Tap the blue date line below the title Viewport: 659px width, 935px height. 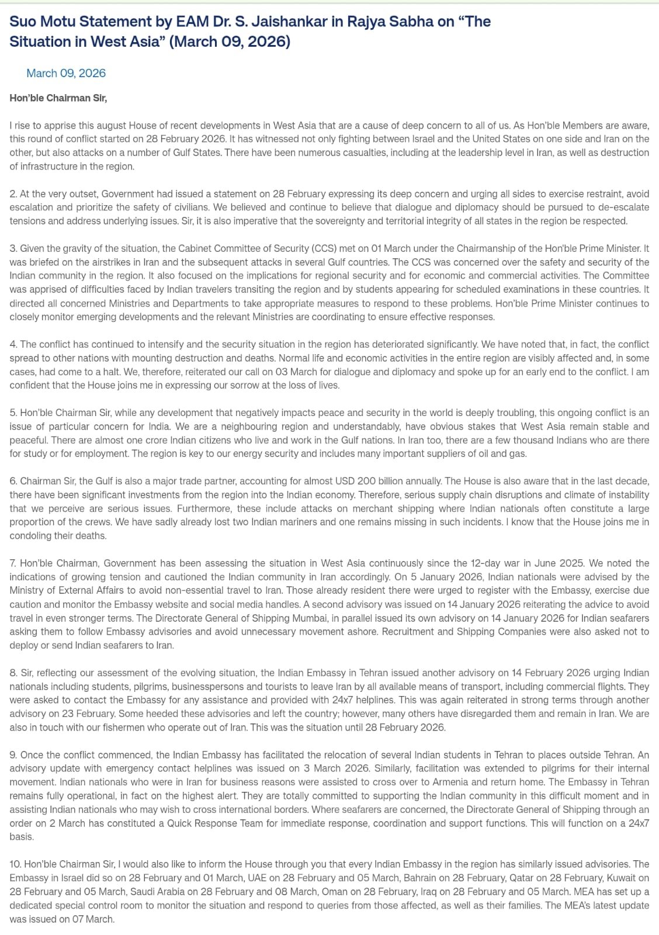coord(66,73)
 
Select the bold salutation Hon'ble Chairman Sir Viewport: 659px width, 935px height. coord(58,98)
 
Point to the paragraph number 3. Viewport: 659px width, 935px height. coord(13,248)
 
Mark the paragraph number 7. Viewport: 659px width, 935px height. coord(13,563)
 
